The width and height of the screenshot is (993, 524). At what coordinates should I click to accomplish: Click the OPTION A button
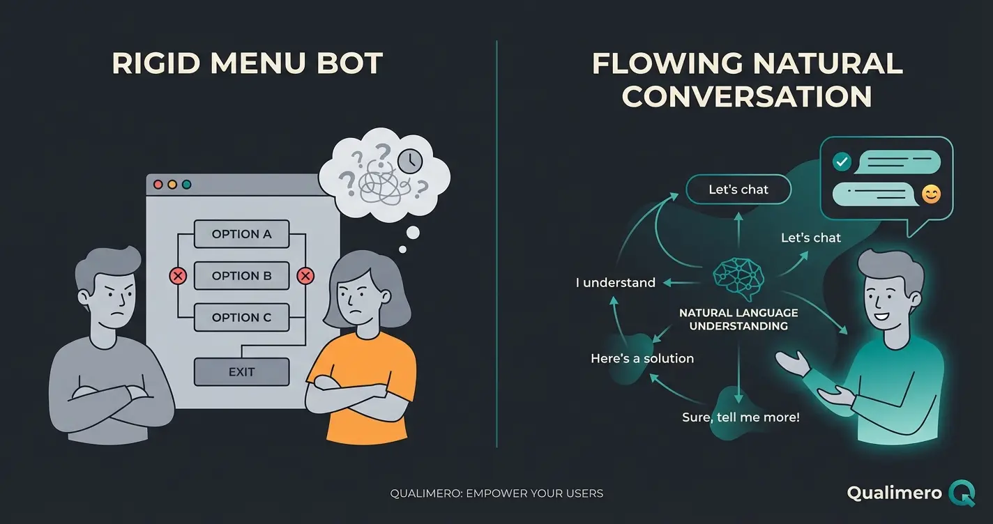[241, 234]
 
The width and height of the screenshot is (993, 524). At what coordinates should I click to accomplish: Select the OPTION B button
[241, 276]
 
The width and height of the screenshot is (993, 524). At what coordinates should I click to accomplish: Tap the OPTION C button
[241, 318]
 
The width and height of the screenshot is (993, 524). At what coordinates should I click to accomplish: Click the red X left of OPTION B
[178, 277]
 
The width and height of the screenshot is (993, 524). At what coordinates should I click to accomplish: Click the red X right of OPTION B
[305, 277]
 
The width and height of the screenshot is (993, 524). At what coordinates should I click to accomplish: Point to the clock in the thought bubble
[410, 162]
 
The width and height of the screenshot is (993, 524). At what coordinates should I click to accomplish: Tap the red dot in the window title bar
[158, 185]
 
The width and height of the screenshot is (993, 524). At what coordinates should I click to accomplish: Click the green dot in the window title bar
[186, 185]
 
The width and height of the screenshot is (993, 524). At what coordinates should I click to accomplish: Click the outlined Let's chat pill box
[738, 190]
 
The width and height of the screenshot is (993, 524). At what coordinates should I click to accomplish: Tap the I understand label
[615, 283]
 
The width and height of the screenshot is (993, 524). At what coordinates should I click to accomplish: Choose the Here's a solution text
[642, 359]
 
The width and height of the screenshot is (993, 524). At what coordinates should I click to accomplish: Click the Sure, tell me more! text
[741, 417]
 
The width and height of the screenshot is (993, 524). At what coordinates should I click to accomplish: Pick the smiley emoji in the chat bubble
[930, 194]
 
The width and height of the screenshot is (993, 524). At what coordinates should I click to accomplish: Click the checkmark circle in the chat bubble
[842, 162]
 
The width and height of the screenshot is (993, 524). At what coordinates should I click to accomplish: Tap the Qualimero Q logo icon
[962, 493]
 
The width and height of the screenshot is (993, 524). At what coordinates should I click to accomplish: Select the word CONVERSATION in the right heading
[747, 96]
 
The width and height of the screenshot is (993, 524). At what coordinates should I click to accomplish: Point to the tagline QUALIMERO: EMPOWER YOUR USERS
[496, 493]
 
